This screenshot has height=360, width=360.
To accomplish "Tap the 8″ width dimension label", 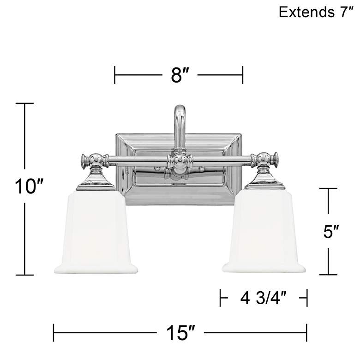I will coord(178,75).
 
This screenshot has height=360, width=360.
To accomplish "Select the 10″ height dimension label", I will coord(24,187).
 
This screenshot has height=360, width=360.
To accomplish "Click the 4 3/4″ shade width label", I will coord(264,298).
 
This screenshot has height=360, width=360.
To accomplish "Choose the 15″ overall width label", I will coord(180,332).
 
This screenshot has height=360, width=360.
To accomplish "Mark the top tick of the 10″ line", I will coord(24,103).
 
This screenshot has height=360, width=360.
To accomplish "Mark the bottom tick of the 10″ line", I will coord(24,275).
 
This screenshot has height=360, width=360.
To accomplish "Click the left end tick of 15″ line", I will coord(54,332).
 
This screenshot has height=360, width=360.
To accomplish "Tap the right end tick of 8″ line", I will coord(242,75).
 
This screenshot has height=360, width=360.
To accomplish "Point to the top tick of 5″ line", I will coord(329,188).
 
